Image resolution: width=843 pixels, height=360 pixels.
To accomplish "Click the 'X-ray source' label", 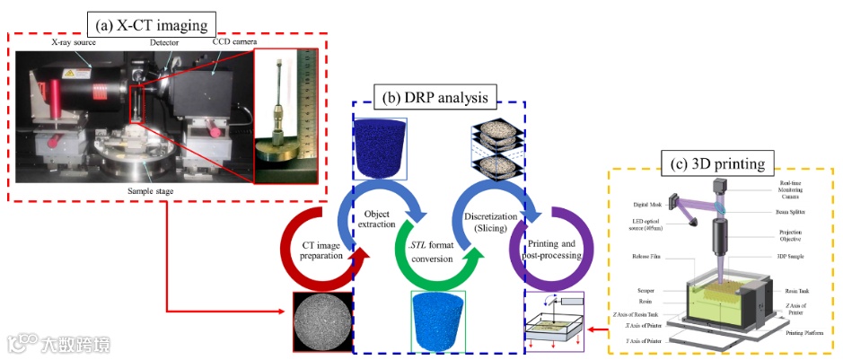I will pyautogui.click(x=73, y=42).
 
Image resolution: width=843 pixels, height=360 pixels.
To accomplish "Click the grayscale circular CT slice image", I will pyautogui.click(x=321, y=320).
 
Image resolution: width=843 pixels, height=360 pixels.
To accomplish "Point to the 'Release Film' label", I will pyautogui.click(x=643, y=257).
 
